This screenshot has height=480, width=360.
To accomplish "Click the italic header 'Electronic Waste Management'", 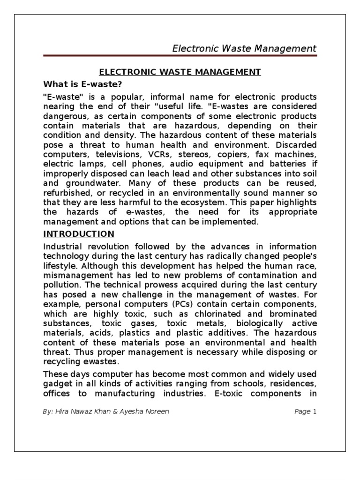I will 245,48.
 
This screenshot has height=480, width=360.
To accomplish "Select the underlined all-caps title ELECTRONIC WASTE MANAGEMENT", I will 179,72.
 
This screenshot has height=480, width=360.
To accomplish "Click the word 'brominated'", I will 292,314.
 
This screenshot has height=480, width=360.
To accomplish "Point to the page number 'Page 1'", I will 306,412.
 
